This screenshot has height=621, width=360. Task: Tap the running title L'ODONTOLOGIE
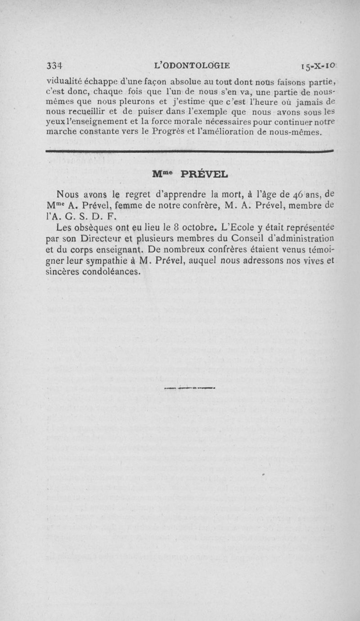tap(192, 65)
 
